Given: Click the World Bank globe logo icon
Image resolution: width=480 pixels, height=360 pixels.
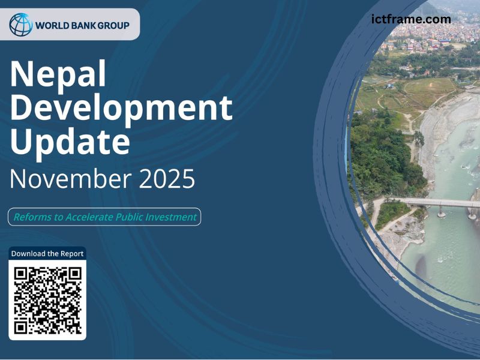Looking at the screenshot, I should (x=21, y=25).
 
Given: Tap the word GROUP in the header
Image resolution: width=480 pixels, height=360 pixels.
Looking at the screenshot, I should (x=113, y=25).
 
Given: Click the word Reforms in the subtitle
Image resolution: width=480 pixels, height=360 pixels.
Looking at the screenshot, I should (x=32, y=217).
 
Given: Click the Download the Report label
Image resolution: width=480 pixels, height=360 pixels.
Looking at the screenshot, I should (x=47, y=253).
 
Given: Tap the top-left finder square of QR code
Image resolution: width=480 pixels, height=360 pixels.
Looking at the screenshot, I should (x=22, y=274).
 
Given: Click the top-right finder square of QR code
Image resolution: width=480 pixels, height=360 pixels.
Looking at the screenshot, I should (x=74, y=274).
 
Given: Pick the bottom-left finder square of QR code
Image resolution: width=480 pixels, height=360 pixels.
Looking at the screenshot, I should (x=22, y=326).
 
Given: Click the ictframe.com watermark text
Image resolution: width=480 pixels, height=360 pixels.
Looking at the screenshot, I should (x=411, y=19).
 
